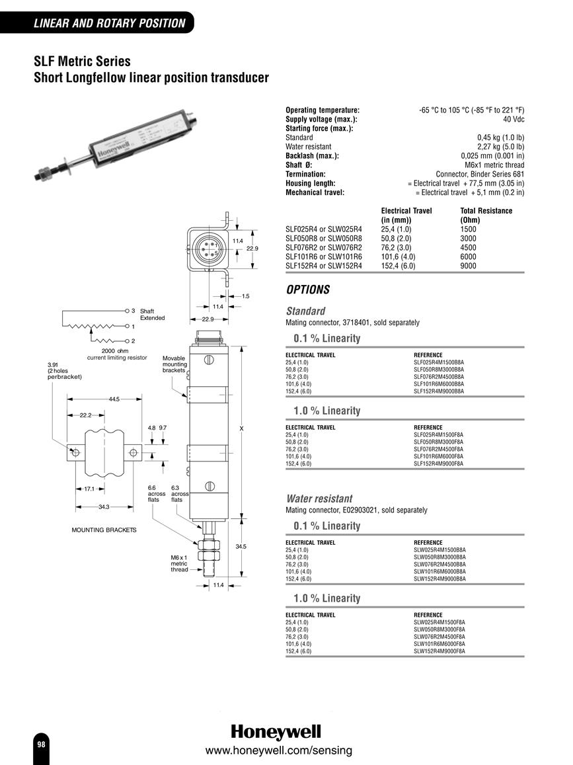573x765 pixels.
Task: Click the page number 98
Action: (x=41, y=744)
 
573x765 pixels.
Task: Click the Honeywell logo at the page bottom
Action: (x=276, y=732)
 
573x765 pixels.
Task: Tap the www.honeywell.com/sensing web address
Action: (x=278, y=750)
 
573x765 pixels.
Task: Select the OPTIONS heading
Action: (x=308, y=290)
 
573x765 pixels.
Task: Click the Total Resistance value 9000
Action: (x=468, y=266)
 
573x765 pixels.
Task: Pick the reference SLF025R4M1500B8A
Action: (x=439, y=362)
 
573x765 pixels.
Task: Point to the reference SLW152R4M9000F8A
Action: (x=439, y=651)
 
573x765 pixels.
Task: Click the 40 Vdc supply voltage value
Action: (x=514, y=120)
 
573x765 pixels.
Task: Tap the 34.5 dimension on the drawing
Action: (x=241, y=546)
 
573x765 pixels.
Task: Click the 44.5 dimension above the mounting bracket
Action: (x=114, y=399)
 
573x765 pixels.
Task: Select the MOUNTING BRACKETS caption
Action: (x=104, y=530)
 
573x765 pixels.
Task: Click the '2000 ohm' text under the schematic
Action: (x=115, y=351)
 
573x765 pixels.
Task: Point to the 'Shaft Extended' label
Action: (x=152, y=315)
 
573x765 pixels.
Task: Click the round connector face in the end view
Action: (x=208, y=249)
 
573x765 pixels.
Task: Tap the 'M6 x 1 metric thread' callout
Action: (x=179, y=563)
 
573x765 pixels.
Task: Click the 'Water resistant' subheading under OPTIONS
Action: (x=319, y=499)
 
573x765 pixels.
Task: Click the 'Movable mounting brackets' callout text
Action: (x=174, y=364)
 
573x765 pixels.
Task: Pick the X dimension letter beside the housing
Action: (x=241, y=429)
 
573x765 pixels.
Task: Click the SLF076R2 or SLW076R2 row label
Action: (x=324, y=247)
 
